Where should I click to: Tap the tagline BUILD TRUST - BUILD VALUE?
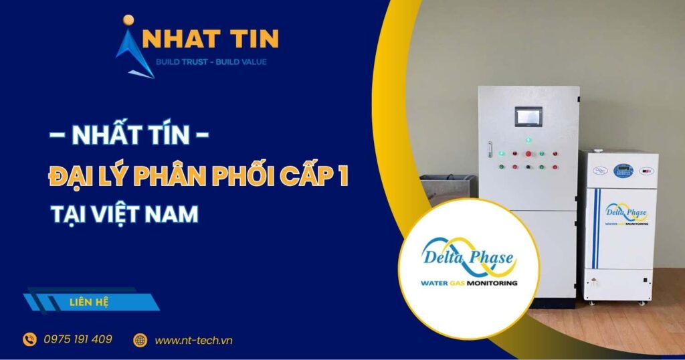pyautogui.click(x=211, y=62)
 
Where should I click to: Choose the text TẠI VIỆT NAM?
pyautogui.click(x=124, y=214)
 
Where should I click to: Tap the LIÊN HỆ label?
pyautogui.click(x=88, y=302)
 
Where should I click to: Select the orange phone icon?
pyautogui.click(x=30, y=340)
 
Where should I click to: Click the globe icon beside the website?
pyautogui.click(x=140, y=340)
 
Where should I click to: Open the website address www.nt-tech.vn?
pyautogui.click(x=194, y=340)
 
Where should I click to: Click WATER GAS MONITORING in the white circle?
pyautogui.click(x=468, y=283)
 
